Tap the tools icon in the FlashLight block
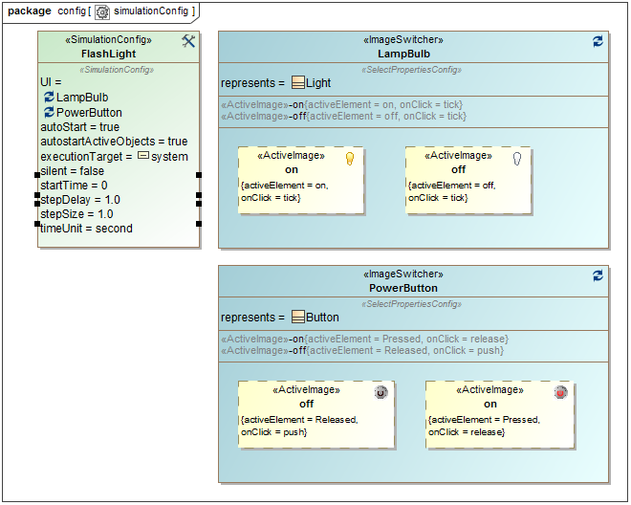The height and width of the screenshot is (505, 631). coord(188,41)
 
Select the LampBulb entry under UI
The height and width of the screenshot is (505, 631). coord(82,98)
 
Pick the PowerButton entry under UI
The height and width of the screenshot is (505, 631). coord(89,113)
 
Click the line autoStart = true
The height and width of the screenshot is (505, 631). coord(79,127)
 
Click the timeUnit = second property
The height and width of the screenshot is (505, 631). coord(86,229)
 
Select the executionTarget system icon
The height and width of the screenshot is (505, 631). coord(143,156)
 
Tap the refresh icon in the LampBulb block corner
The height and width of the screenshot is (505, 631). coord(598,41)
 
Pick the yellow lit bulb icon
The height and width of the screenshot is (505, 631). coord(350,158)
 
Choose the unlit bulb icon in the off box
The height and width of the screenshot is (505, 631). coord(517,158)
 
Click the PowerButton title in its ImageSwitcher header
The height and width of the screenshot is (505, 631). coord(403,288)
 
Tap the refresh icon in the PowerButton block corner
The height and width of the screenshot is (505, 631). coord(598,275)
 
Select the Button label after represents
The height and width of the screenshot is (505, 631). coord(322,318)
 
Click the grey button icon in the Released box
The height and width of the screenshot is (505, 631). coord(381,392)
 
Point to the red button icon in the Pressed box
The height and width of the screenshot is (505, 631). coord(560,392)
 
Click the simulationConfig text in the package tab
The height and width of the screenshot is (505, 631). coord(151,11)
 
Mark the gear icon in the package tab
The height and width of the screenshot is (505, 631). coord(102,11)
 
